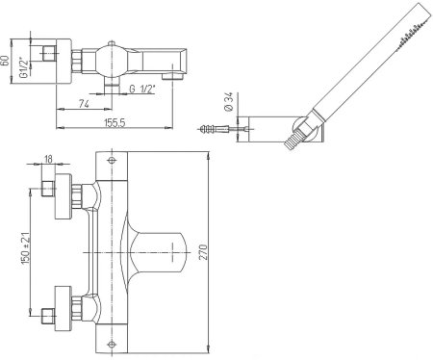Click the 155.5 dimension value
(x=115, y=122)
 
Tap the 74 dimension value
(x=84, y=104)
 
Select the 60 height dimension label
(x=5, y=61)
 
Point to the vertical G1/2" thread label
(x=23, y=68)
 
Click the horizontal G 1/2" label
(x=142, y=89)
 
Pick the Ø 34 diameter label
(x=228, y=102)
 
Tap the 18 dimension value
(x=48, y=159)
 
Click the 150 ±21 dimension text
(x=26, y=248)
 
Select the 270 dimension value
(x=204, y=252)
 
